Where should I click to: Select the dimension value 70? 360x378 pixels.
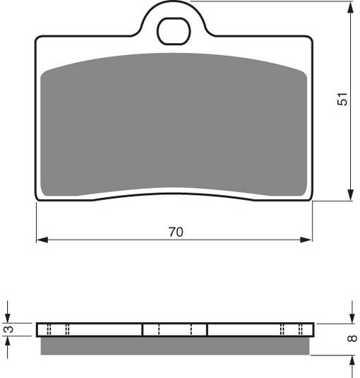[176, 232]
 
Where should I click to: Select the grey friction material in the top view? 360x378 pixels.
[174, 127]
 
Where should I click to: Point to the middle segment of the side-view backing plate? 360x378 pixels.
[174, 329]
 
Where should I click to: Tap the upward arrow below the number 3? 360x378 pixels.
[8, 341]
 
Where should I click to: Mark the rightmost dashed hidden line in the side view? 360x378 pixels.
[302, 329]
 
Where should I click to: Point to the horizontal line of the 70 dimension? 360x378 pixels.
[106, 241]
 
